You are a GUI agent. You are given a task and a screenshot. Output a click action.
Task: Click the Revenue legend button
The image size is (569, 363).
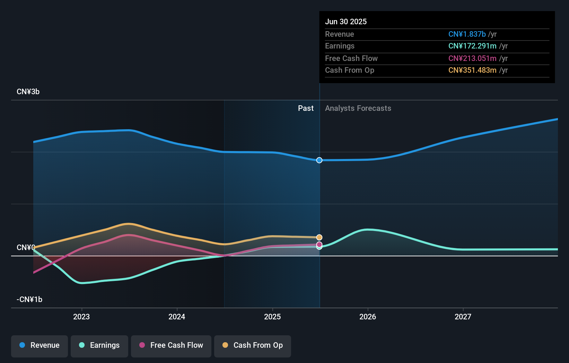[40, 345]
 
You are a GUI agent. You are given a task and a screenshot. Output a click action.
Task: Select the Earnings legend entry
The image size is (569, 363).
[99, 345]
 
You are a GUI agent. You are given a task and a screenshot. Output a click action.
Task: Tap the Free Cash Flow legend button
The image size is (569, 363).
[171, 345]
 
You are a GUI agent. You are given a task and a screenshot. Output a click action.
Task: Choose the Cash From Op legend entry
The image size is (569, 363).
[253, 345]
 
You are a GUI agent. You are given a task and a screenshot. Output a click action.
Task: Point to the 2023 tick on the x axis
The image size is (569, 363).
[81, 317]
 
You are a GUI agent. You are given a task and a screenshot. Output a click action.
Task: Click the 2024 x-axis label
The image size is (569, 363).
[177, 317]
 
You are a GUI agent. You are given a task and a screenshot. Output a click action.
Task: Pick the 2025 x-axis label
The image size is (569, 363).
[272, 317]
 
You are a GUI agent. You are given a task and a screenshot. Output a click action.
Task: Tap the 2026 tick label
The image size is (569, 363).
[368, 317]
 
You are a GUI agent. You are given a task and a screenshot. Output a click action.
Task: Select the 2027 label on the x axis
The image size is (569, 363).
[463, 317]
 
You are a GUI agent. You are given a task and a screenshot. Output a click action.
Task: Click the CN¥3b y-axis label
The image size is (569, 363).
[28, 92]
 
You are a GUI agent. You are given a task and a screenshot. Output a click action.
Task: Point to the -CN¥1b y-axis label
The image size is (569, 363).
[29, 300]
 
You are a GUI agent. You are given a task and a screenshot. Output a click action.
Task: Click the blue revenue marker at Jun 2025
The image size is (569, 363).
[319, 160]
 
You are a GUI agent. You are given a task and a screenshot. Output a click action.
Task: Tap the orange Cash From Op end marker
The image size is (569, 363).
[319, 237]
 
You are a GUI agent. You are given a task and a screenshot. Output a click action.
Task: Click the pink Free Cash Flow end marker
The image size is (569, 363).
[319, 244]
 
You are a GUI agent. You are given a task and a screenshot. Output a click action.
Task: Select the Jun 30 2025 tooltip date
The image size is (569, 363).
[346, 21]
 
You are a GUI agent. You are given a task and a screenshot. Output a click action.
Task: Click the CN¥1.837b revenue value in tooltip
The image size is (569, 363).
[467, 34]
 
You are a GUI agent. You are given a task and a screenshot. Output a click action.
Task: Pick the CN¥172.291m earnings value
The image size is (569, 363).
[472, 46]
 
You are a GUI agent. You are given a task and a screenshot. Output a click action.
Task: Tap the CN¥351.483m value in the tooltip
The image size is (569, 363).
[472, 70]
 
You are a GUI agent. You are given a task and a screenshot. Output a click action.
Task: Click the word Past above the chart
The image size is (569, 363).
[306, 108]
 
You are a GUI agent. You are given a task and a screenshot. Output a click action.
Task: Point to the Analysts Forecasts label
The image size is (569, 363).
[358, 108]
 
